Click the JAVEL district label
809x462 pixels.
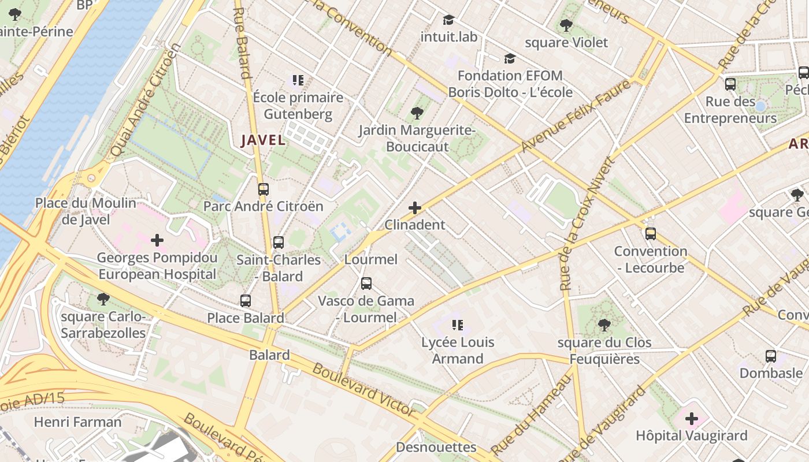263,140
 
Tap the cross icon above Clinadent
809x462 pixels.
415,208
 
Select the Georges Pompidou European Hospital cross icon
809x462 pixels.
157,240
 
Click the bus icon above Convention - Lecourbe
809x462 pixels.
651,234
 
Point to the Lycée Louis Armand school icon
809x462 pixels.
458,325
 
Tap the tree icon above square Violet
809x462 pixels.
566,25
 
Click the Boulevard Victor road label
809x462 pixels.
364,390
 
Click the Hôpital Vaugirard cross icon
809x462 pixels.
692,419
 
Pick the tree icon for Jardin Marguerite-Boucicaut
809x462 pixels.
417,113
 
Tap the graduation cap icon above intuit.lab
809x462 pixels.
448,20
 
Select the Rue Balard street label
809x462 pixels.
242,43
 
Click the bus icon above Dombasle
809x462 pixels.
771,356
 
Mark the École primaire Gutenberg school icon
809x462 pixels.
298,80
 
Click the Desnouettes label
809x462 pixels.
436,447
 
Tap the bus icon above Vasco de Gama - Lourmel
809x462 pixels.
366,284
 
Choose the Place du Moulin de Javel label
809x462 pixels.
86,211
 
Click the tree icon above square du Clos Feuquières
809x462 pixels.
604,326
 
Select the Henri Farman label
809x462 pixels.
78,422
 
